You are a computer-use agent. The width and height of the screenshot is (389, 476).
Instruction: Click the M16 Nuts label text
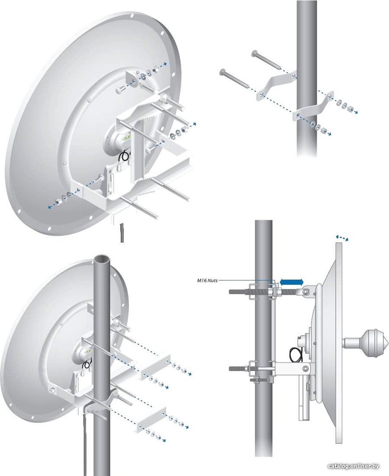click(207, 280)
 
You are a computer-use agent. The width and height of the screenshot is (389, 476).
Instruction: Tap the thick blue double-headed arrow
click(291, 282)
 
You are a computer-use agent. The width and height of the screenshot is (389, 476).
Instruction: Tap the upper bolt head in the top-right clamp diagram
click(254, 53)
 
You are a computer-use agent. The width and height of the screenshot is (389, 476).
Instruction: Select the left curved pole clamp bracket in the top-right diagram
click(276, 84)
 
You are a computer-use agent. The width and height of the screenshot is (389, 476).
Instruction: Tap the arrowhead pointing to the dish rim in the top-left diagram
click(165, 64)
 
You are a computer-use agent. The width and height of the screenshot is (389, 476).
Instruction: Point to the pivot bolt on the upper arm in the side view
click(307, 291)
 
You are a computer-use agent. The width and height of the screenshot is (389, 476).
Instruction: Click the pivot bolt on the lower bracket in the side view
click(307, 368)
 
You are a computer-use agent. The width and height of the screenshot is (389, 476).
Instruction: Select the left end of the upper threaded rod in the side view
click(231, 292)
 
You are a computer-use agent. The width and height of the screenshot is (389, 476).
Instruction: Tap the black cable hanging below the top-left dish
click(122, 232)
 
